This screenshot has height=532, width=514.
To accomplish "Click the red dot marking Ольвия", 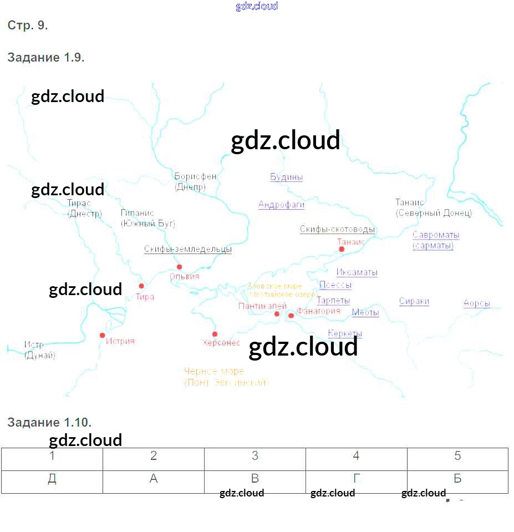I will (179, 267).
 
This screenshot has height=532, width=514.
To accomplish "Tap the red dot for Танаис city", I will (342, 249).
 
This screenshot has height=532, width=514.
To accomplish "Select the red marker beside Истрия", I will (102, 335).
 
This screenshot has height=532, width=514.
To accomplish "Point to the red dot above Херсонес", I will (215, 334).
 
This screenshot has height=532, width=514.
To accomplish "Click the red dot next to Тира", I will (141, 286).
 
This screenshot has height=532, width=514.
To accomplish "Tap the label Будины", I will (286, 178).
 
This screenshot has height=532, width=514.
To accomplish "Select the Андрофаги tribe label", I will (281, 205).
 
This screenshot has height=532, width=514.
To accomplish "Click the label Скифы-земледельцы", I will (188, 250).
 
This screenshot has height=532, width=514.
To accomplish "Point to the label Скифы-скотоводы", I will (338, 230).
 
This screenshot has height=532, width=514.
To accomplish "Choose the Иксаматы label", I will (357, 272).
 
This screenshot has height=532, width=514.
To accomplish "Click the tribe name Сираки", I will (414, 302).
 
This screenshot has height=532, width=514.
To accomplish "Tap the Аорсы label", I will (477, 303).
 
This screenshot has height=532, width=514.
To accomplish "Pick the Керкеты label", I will (345, 333).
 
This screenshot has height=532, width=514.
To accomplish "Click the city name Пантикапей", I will (262, 306).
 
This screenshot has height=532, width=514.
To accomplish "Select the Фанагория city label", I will (318, 311).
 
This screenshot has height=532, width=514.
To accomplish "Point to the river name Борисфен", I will (195, 176).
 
